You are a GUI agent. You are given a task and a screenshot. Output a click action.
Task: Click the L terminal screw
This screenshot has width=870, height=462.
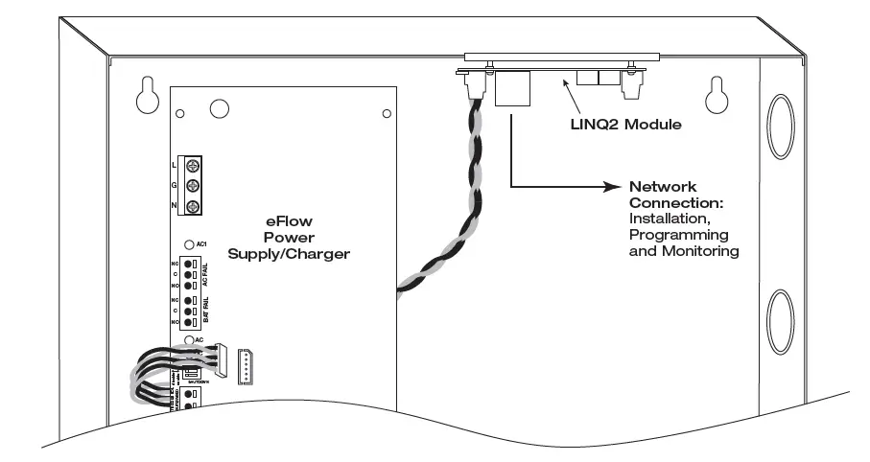click(192, 166)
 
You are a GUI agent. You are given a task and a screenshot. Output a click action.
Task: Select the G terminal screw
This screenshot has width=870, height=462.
click(192, 186)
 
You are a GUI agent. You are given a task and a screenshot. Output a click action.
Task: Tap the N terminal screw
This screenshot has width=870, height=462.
click(192, 207)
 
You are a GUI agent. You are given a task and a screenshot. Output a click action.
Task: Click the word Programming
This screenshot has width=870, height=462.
click(677, 235)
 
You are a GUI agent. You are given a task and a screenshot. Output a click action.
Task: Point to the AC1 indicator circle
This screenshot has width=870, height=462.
click(189, 243)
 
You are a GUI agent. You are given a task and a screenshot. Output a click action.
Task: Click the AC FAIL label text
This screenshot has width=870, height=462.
click(204, 274)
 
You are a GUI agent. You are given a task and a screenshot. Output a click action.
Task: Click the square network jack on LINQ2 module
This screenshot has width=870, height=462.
click(511, 88)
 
